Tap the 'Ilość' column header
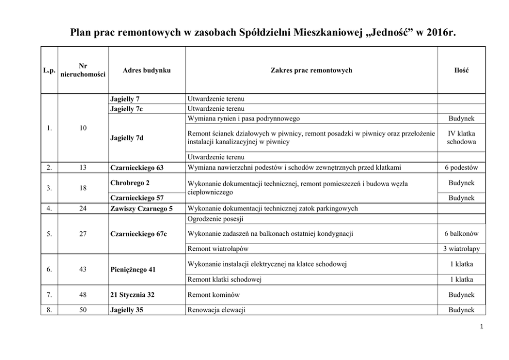point(461,70)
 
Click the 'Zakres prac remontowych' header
point(311,70)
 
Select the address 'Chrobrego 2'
point(129,183)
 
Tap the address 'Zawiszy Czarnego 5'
point(142,209)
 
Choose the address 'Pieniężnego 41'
point(133,269)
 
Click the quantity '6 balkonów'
point(461,234)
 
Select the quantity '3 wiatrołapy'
point(461,249)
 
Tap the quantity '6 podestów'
point(461,168)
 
